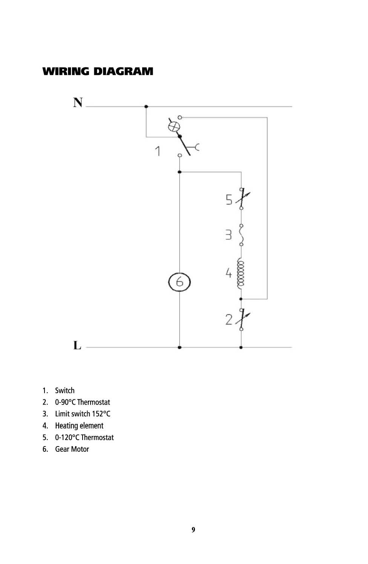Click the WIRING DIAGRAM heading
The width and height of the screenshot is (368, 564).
pyautogui.click(x=98, y=71)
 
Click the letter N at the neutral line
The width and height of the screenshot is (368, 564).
pyautogui.click(x=78, y=102)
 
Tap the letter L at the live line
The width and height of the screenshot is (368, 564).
pyautogui.click(x=77, y=345)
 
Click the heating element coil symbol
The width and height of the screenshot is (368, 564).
pyautogui.click(x=241, y=273)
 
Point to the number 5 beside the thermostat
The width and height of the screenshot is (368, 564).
pyautogui.click(x=229, y=200)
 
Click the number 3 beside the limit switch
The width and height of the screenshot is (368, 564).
pyautogui.click(x=228, y=235)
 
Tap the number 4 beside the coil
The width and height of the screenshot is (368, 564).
pyautogui.click(x=228, y=273)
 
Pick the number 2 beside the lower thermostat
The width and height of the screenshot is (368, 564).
pyautogui.click(x=228, y=319)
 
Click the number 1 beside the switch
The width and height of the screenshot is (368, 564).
pyautogui.click(x=158, y=151)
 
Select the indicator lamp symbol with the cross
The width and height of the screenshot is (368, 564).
pyautogui.click(x=174, y=126)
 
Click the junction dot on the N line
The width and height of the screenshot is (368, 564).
pyautogui.click(x=146, y=107)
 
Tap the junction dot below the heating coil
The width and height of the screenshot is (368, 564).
pyautogui.click(x=241, y=299)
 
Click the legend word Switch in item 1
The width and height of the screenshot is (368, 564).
pyautogui.click(x=65, y=391)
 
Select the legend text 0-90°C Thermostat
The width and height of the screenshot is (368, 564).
pyautogui.click(x=83, y=402)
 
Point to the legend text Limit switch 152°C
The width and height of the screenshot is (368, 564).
pyautogui.click(x=83, y=414)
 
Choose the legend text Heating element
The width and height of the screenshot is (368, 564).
pyautogui.click(x=79, y=425)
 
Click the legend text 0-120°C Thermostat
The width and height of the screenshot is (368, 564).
pyautogui.click(x=84, y=437)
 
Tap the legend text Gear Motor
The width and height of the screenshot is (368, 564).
pyautogui.click(x=72, y=449)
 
